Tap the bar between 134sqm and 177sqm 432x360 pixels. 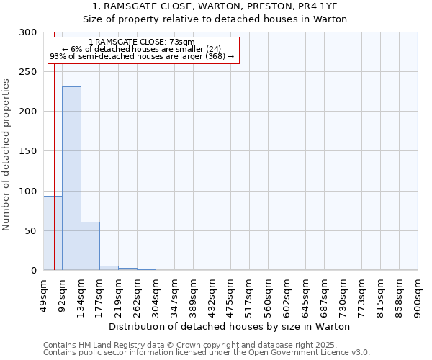(x=90, y=246)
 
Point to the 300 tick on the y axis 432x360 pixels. (x=28, y=32)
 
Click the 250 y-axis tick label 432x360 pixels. (x=28, y=72)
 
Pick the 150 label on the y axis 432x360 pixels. (x=28, y=151)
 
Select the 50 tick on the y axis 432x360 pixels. (x=31, y=230)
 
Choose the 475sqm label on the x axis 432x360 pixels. (x=231, y=296)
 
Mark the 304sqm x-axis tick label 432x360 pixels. (x=156, y=296)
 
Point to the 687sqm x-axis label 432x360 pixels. (x=325, y=296)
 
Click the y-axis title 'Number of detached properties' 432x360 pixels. (x=6, y=155)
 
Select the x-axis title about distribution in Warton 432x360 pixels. (x=230, y=326)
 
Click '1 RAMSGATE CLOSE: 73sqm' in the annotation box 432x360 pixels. (x=142, y=42)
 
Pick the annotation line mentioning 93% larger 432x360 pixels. (x=142, y=56)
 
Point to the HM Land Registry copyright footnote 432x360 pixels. (x=206, y=345)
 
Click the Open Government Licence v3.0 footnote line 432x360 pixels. (x=206, y=353)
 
